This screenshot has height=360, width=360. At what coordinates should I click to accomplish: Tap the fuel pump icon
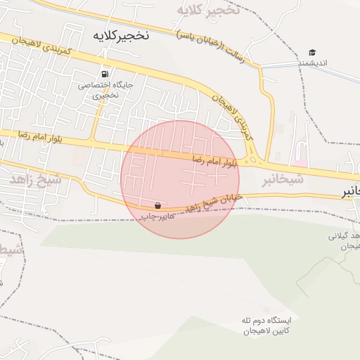105,73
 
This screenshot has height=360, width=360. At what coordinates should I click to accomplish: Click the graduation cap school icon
312,52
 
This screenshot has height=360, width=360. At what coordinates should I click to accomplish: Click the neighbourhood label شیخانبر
283,179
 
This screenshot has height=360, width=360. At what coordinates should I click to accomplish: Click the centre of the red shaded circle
179,179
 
